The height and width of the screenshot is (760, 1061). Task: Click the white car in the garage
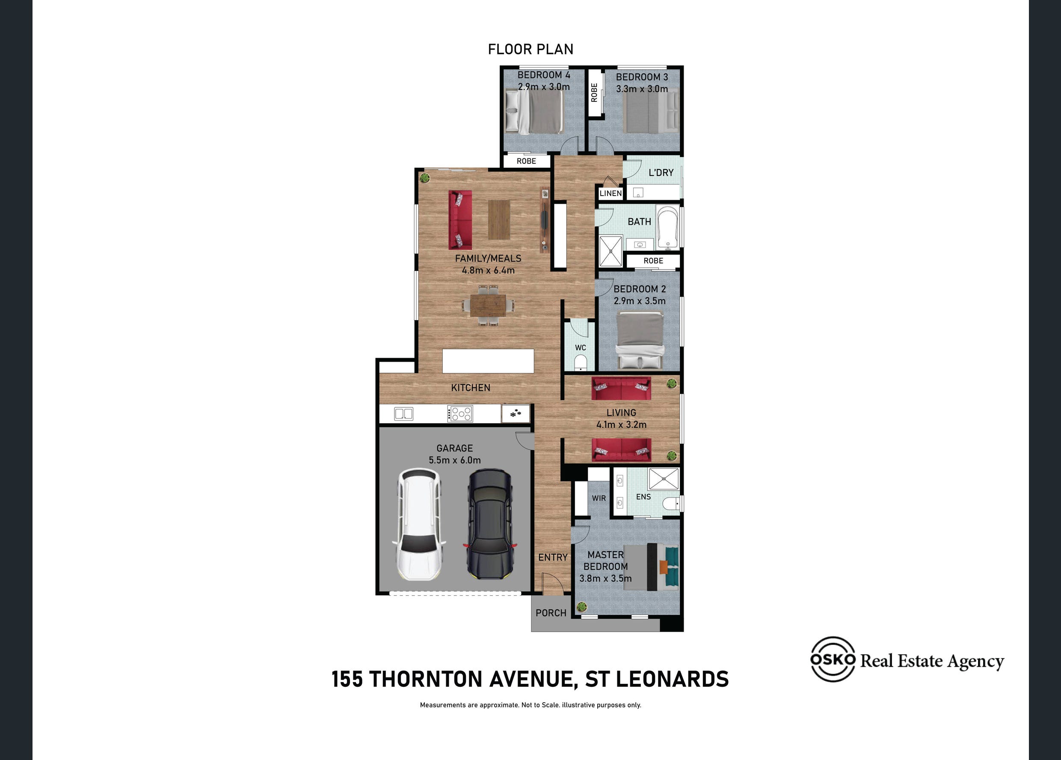coord(419,524)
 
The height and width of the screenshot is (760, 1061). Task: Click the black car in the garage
coord(490,524)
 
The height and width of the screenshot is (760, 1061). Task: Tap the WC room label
coord(581,348)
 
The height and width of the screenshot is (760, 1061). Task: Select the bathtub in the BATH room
coord(668,227)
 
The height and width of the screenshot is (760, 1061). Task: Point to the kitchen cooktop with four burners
coord(460,414)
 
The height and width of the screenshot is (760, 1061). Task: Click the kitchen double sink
coord(403,414)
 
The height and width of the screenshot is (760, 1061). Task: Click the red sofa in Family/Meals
coord(460,220)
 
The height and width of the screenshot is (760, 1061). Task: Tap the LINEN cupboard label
coord(611,193)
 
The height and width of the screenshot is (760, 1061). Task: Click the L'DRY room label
coord(661,173)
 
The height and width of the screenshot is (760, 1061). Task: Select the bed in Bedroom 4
coord(535,112)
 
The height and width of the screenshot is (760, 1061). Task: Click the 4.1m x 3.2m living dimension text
coord(621,425)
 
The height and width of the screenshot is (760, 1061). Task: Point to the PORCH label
coord(551,613)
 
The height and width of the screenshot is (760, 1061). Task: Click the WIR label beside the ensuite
coord(599,498)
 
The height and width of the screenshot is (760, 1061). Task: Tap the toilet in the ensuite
coord(672,504)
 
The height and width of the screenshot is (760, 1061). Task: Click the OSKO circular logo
coord(833,659)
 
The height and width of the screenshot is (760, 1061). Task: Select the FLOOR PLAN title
coord(530,49)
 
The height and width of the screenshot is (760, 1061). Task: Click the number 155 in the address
coord(347,679)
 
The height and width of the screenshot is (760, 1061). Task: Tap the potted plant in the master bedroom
coord(582,607)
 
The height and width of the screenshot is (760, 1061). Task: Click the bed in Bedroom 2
coord(640,341)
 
